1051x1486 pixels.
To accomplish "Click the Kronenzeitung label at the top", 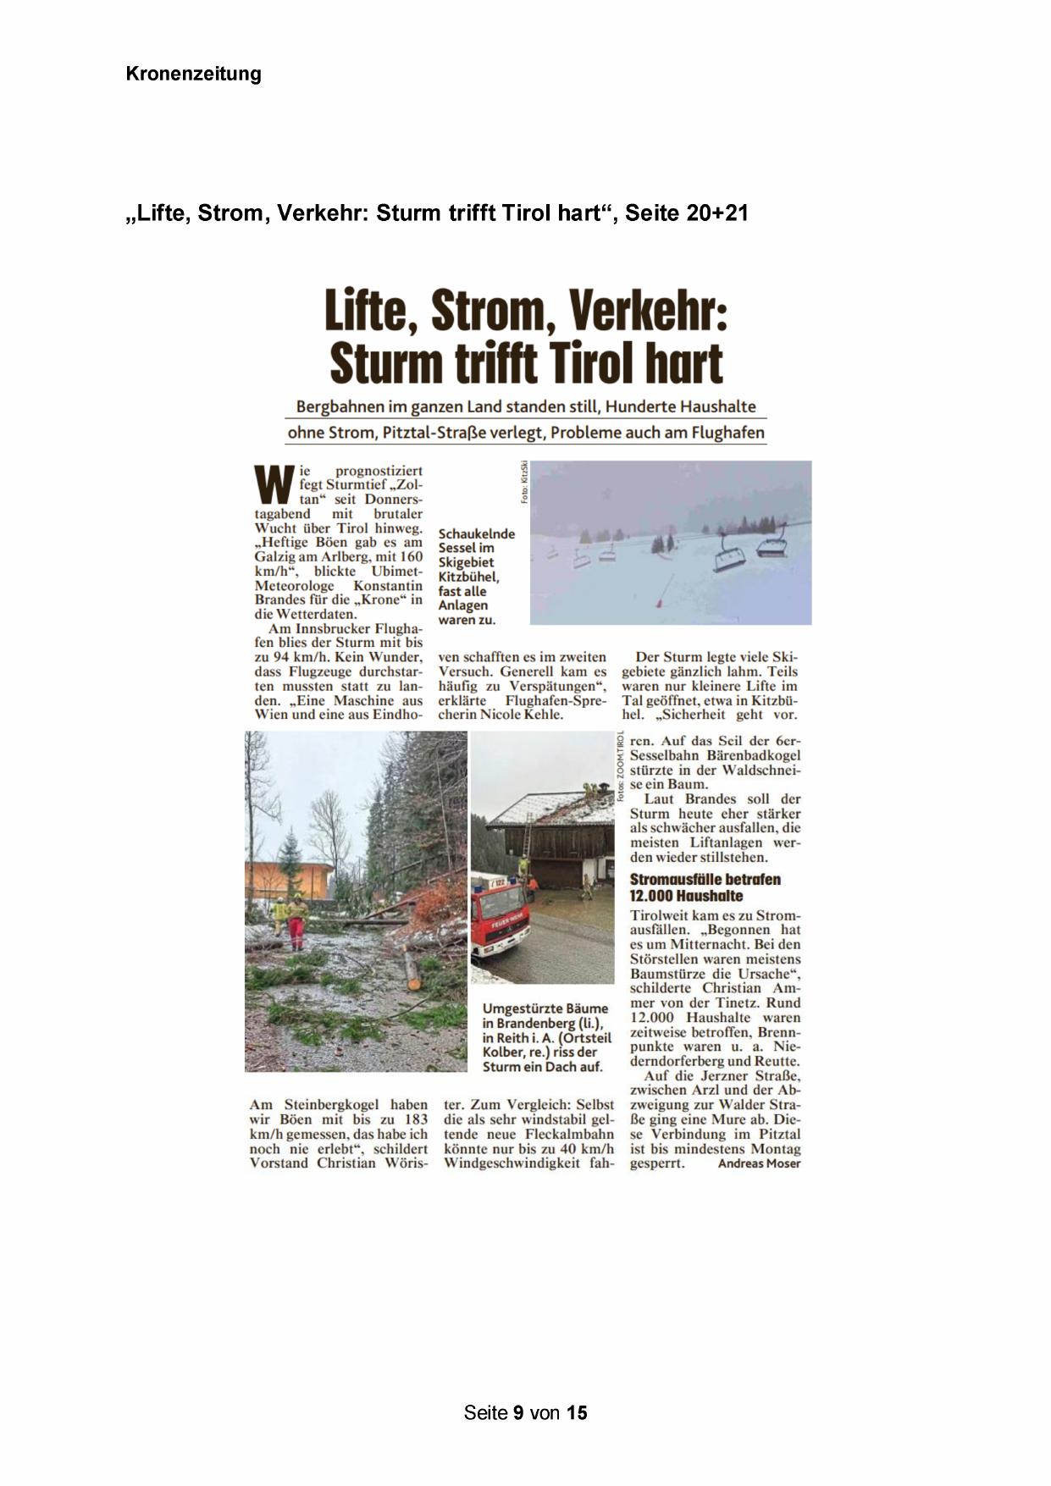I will click(193, 74).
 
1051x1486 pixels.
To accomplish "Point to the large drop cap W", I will click(274, 483).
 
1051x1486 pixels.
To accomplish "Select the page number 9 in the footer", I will click(517, 1412).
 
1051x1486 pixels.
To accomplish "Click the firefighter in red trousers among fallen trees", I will click(296, 923).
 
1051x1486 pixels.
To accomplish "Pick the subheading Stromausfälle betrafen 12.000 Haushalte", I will click(705, 887).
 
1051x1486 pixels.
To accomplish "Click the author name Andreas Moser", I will click(759, 1163).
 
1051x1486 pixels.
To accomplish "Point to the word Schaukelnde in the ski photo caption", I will click(476, 533).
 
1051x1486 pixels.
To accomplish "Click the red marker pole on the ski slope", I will click(661, 605).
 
